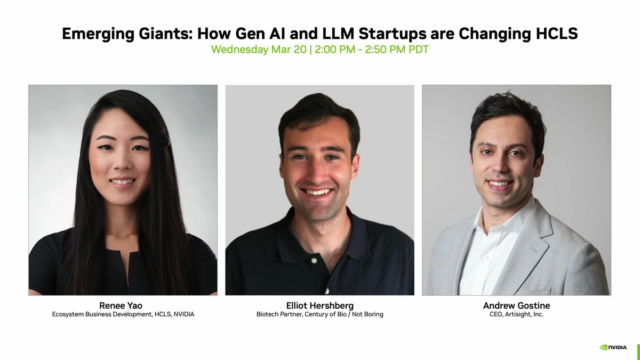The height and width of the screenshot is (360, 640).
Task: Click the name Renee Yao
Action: tap(121, 306)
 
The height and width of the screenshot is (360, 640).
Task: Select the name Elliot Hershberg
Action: tap(319, 306)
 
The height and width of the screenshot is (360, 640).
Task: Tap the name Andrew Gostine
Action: tap(516, 306)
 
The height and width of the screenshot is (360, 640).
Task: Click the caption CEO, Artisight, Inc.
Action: tap(516, 315)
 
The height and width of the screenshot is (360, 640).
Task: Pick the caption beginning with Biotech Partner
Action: tap(319, 315)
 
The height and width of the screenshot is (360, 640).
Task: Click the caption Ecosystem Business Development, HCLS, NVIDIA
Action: tap(123, 315)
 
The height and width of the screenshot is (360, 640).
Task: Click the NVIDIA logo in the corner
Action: tap(613, 347)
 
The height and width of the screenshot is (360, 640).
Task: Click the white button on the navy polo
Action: tap(315, 261)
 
